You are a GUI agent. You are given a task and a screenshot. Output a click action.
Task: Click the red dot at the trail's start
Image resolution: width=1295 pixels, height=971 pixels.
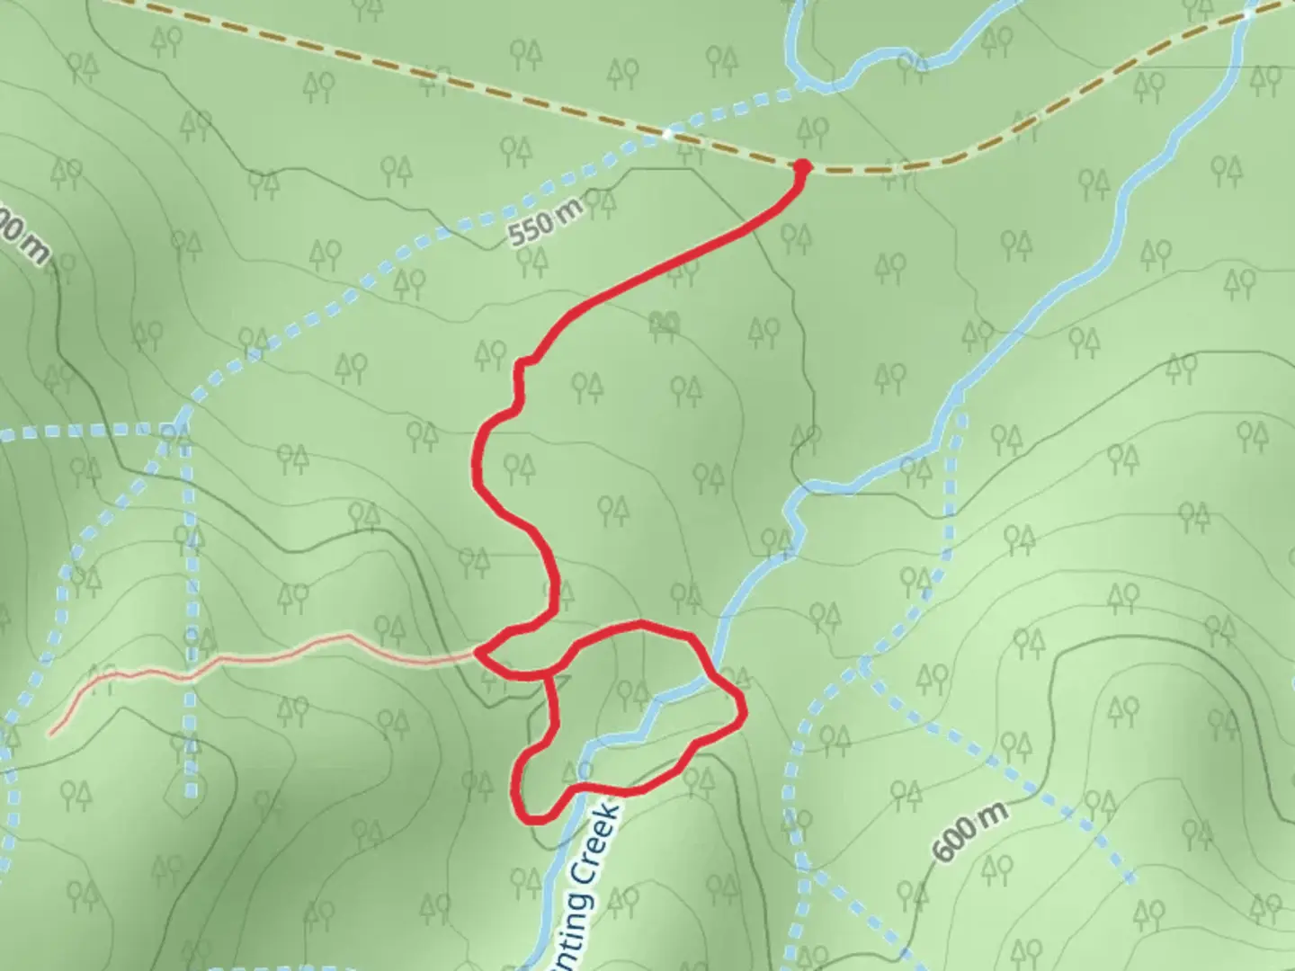801,166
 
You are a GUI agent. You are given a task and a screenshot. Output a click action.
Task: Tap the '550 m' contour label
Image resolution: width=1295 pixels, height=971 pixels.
545,224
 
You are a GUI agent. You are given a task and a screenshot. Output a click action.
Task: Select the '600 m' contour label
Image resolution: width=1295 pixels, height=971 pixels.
969,833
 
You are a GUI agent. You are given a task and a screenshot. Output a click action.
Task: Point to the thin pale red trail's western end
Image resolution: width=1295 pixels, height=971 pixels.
51,734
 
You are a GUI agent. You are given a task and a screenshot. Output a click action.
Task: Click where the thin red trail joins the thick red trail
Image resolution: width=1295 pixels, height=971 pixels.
478,653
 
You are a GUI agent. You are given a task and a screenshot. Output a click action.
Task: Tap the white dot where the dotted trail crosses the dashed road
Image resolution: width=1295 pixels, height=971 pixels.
668,134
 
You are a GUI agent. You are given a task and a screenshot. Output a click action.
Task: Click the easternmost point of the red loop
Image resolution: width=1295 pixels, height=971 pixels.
745,710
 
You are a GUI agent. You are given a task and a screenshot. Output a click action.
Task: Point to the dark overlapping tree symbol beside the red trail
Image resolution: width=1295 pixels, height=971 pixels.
665,321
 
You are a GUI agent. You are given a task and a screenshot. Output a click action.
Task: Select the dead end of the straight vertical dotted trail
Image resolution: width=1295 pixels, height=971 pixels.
192,795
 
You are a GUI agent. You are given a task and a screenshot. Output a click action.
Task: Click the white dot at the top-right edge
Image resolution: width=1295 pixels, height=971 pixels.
1250,13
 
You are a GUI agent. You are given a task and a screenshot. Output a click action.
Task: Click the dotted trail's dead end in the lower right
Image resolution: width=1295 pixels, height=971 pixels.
1132,879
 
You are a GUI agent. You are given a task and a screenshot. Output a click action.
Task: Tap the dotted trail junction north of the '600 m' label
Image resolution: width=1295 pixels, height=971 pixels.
865,666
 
